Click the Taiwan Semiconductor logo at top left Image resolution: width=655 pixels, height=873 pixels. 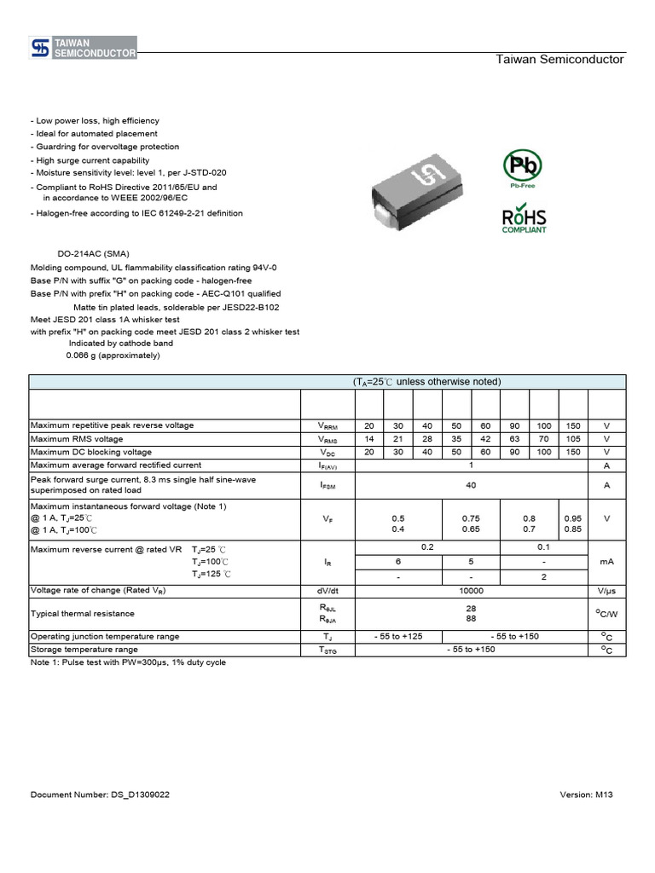point(84,48)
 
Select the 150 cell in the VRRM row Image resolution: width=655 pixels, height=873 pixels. point(572,425)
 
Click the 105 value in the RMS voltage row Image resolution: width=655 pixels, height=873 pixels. point(572,439)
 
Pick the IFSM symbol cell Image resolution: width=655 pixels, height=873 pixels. point(328,485)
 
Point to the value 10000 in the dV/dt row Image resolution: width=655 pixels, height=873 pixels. point(471,590)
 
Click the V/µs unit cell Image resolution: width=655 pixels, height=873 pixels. point(606,590)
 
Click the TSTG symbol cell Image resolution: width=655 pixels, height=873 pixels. point(328,650)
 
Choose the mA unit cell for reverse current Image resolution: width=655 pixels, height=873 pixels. point(606,562)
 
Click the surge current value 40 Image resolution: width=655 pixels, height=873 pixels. point(471,485)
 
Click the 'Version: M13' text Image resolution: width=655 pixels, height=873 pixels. point(586,795)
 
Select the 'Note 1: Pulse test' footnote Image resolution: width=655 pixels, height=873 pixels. point(128,662)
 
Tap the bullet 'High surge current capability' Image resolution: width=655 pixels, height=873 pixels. point(90,160)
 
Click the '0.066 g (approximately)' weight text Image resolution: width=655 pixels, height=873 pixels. point(113,356)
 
